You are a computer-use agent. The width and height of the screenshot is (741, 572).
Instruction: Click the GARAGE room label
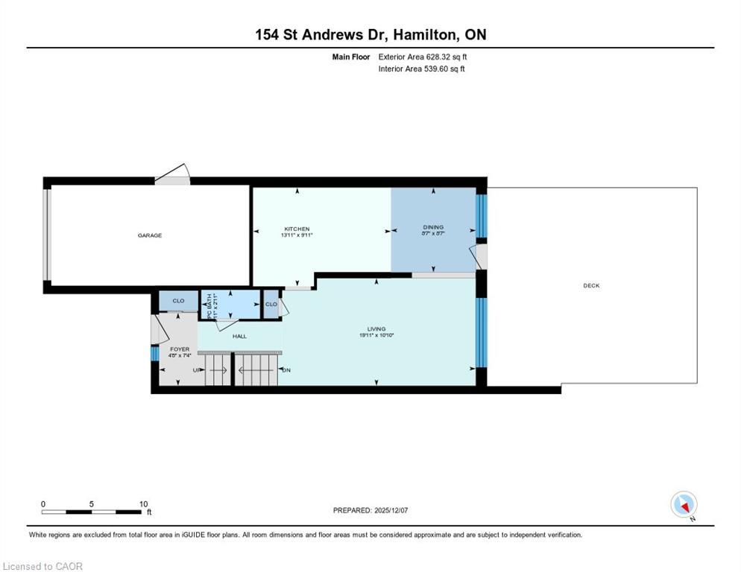[x=149, y=235]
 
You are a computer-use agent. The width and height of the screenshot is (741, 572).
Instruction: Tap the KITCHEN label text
[x=296, y=229]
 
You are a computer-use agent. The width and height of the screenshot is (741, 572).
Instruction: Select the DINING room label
[x=433, y=227]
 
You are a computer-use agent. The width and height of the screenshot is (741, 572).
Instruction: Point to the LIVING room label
[x=376, y=328]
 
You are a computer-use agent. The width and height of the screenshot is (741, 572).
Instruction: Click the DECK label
[x=591, y=286]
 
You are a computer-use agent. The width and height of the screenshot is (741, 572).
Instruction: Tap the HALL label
[x=239, y=336]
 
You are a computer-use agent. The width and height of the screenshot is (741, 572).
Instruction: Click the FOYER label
[x=179, y=349]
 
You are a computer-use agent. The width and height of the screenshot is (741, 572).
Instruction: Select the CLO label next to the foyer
[x=178, y=301]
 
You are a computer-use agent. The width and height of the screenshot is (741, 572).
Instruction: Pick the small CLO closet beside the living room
[x=271, y=304]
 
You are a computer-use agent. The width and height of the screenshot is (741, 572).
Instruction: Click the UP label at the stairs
[x=197, y=369]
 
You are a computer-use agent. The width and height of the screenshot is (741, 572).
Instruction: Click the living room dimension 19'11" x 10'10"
[x=376, y=335]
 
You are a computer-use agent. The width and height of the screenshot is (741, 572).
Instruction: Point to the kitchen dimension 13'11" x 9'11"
[x=296, y=235]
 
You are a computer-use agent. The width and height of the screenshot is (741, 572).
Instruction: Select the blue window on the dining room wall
[x=481, y=216]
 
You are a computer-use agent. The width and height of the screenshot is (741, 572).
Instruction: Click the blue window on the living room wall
[x=481, y=332]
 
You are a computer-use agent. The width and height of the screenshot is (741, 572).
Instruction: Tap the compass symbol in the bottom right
[x=683, y=504]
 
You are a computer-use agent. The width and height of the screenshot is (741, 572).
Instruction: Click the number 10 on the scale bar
[x=143, y=503]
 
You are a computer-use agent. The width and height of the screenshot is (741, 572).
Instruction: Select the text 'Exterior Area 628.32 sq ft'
[x=423, y=57]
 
